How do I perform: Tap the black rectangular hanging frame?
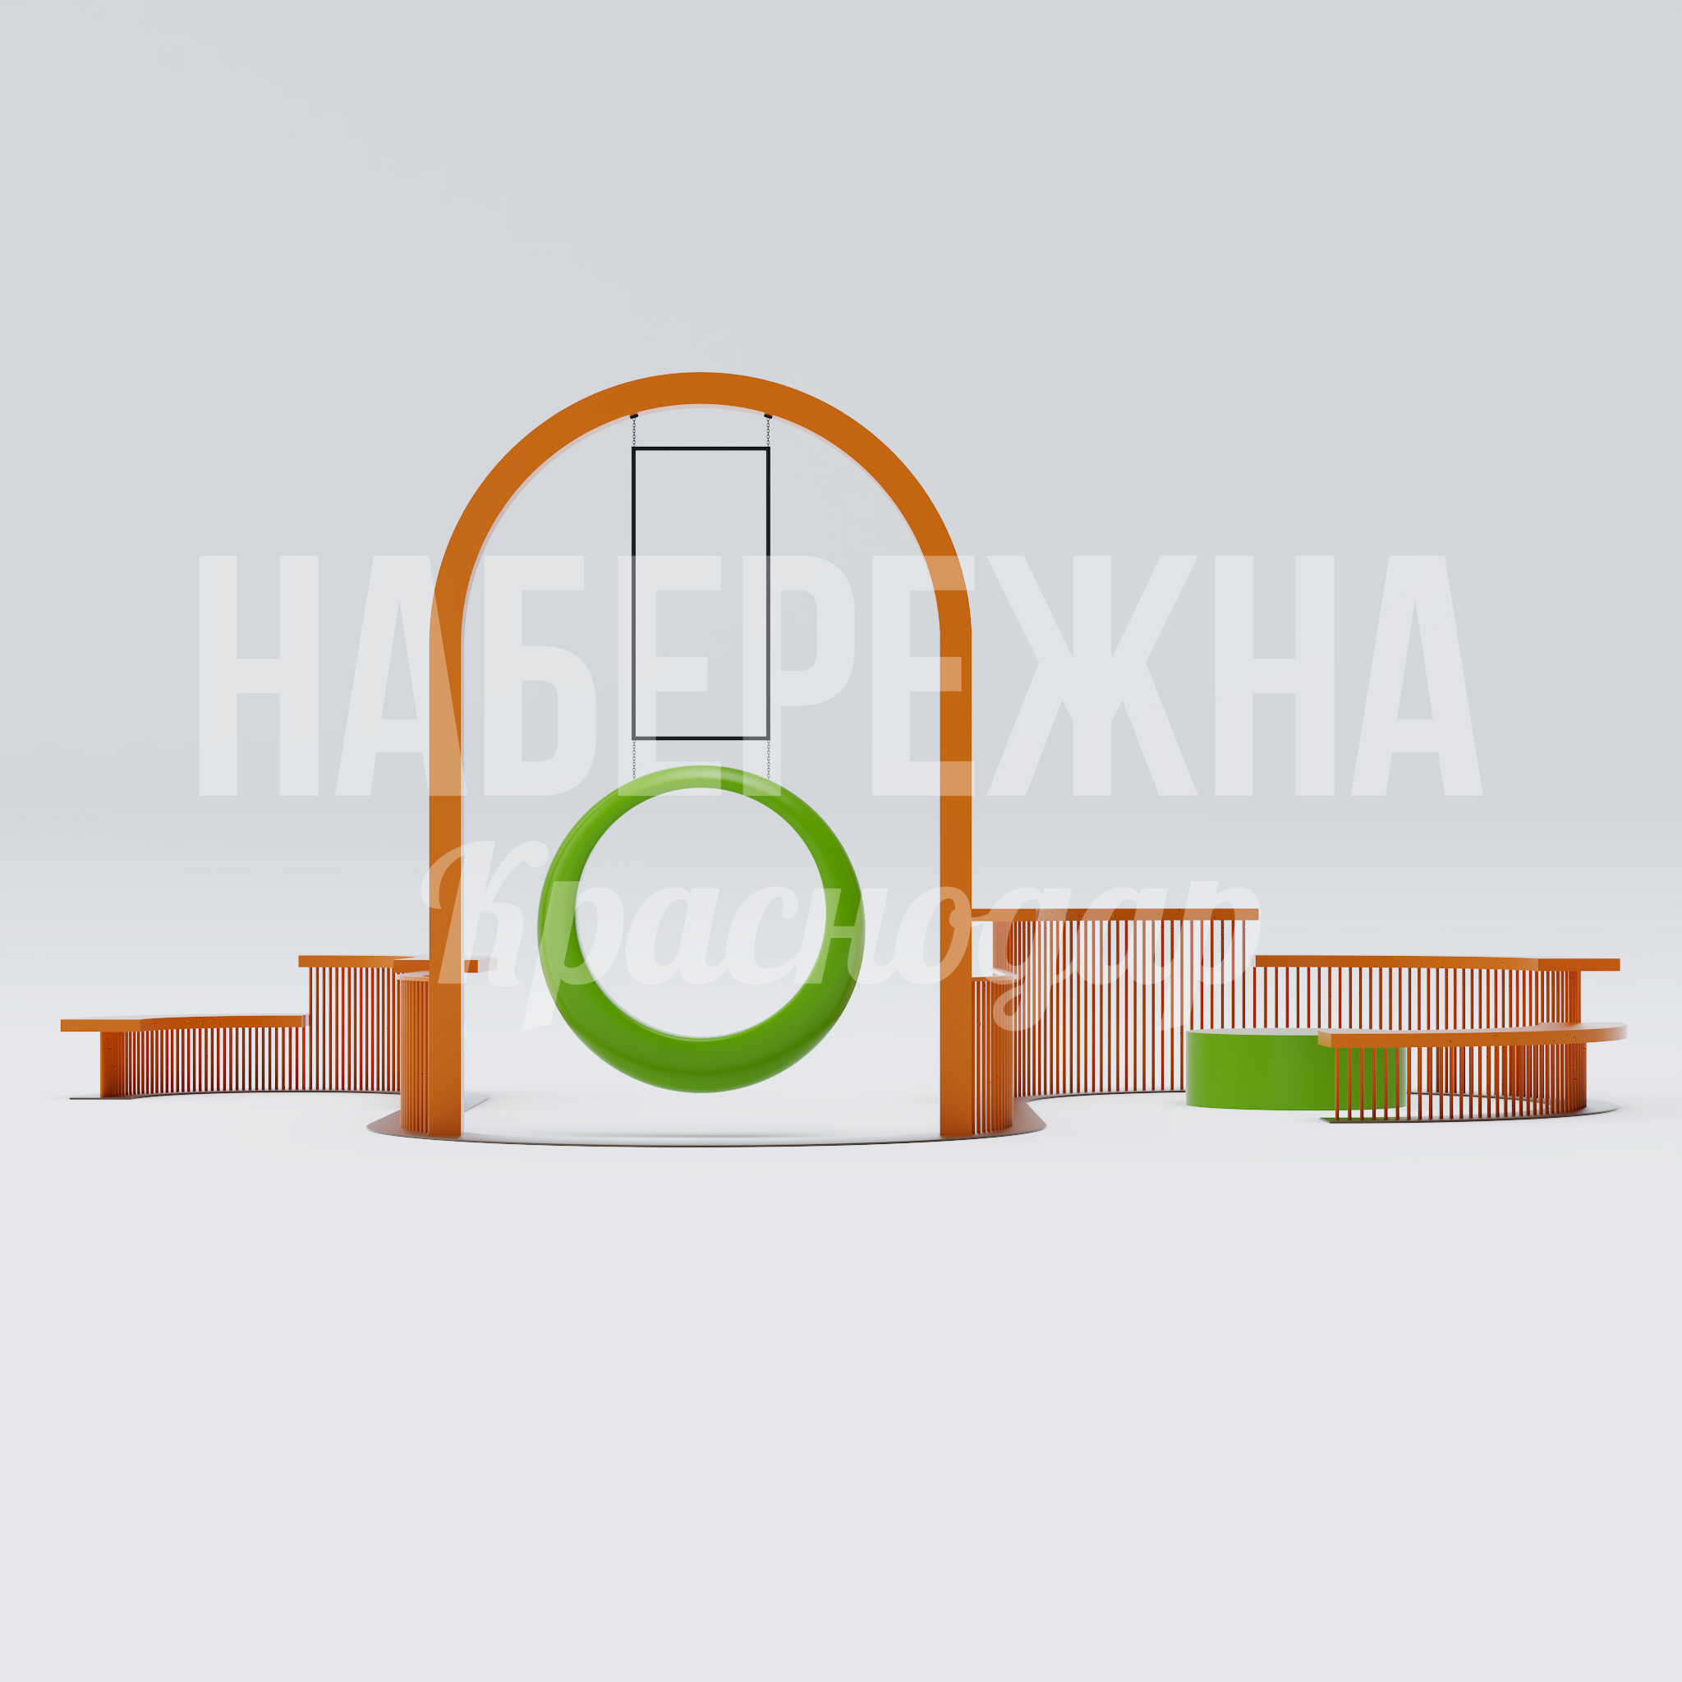point(634,592)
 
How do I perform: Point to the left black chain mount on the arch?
point(634,416)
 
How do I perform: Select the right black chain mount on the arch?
point(768,416)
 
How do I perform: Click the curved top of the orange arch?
point(701,388)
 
